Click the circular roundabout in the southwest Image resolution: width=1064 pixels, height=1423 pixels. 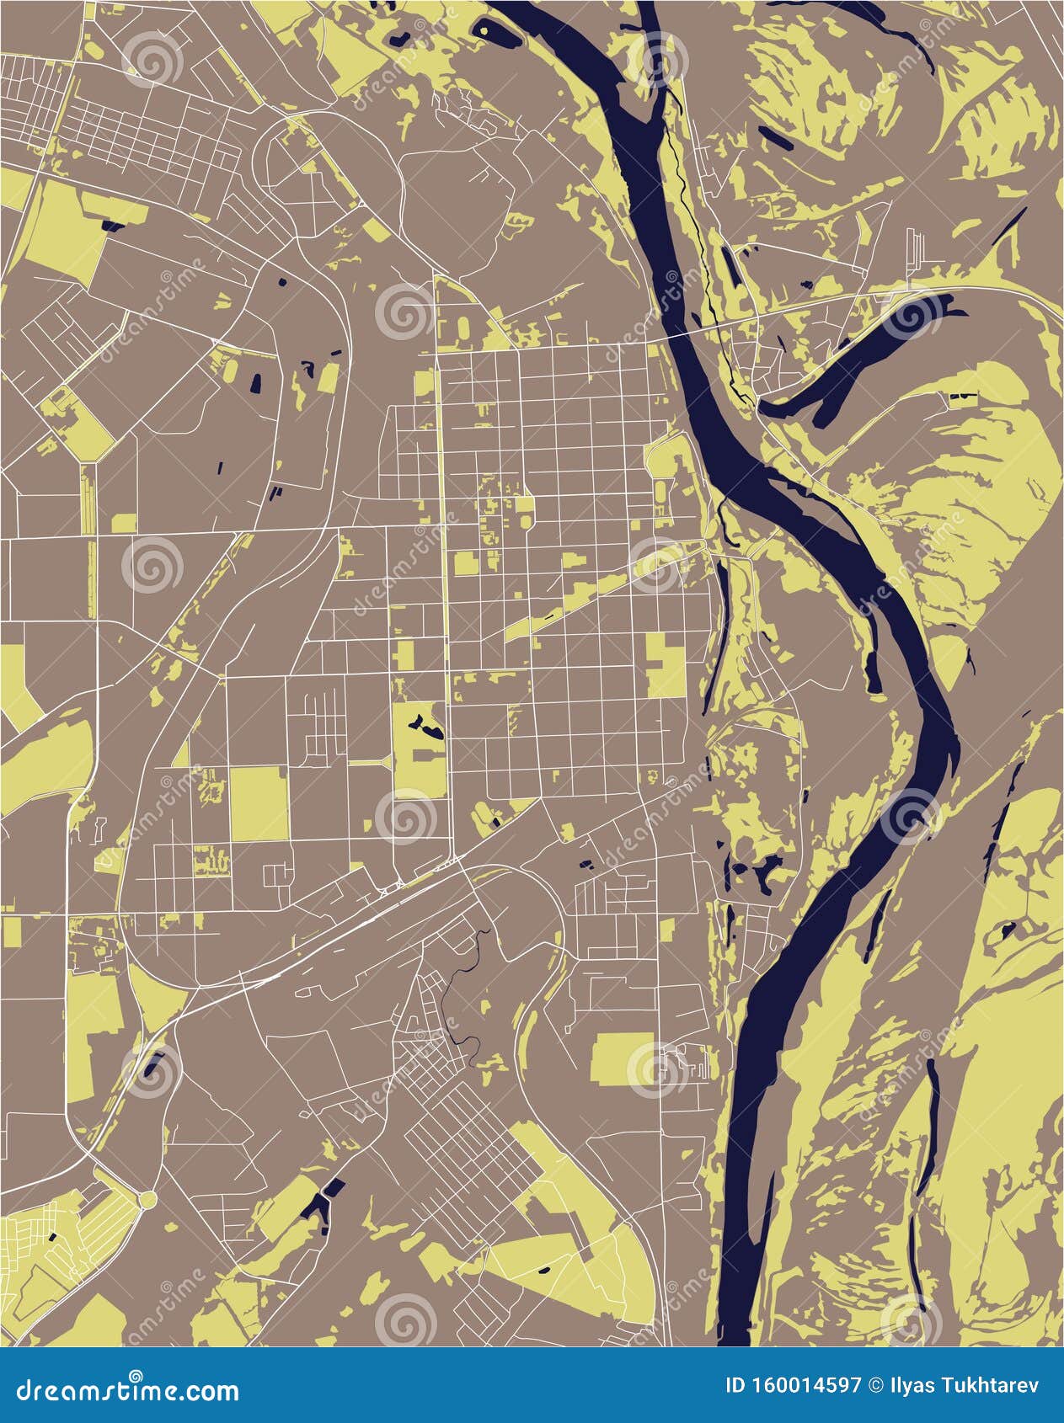click(x=147, y=1198)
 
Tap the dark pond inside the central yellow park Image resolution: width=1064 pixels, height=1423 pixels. click(x=425, y=725)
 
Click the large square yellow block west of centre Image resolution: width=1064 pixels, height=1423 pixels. click(x=259, y=803)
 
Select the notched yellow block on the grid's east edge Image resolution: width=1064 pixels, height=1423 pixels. click(x=666, y=665)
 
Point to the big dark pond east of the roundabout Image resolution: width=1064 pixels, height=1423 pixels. click(x=318, y=1203)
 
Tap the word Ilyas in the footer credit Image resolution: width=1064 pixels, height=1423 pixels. click(x=910, y=1385)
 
